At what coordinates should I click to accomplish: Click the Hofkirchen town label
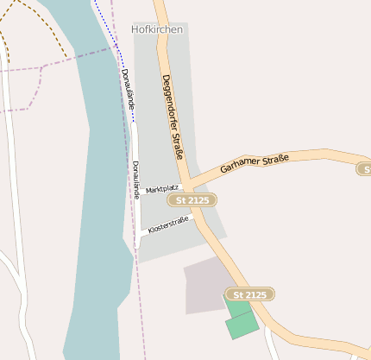point(158,29)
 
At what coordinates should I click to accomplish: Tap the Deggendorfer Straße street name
point(173,117)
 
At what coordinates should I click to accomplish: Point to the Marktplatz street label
point(161,188)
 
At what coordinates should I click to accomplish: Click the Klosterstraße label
point(167,225)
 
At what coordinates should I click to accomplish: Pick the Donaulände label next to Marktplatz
point(135,180)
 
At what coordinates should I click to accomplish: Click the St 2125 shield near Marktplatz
point(191,200)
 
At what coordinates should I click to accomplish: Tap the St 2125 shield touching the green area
point(249,294)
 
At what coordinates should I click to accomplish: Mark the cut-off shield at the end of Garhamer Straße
point(363,169)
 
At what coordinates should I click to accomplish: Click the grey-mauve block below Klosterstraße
point(204,285)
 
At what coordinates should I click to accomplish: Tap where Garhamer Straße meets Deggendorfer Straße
point(188,184)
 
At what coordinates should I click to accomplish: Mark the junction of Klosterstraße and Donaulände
point(137,236)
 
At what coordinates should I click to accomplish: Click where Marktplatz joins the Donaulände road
point(136,195)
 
